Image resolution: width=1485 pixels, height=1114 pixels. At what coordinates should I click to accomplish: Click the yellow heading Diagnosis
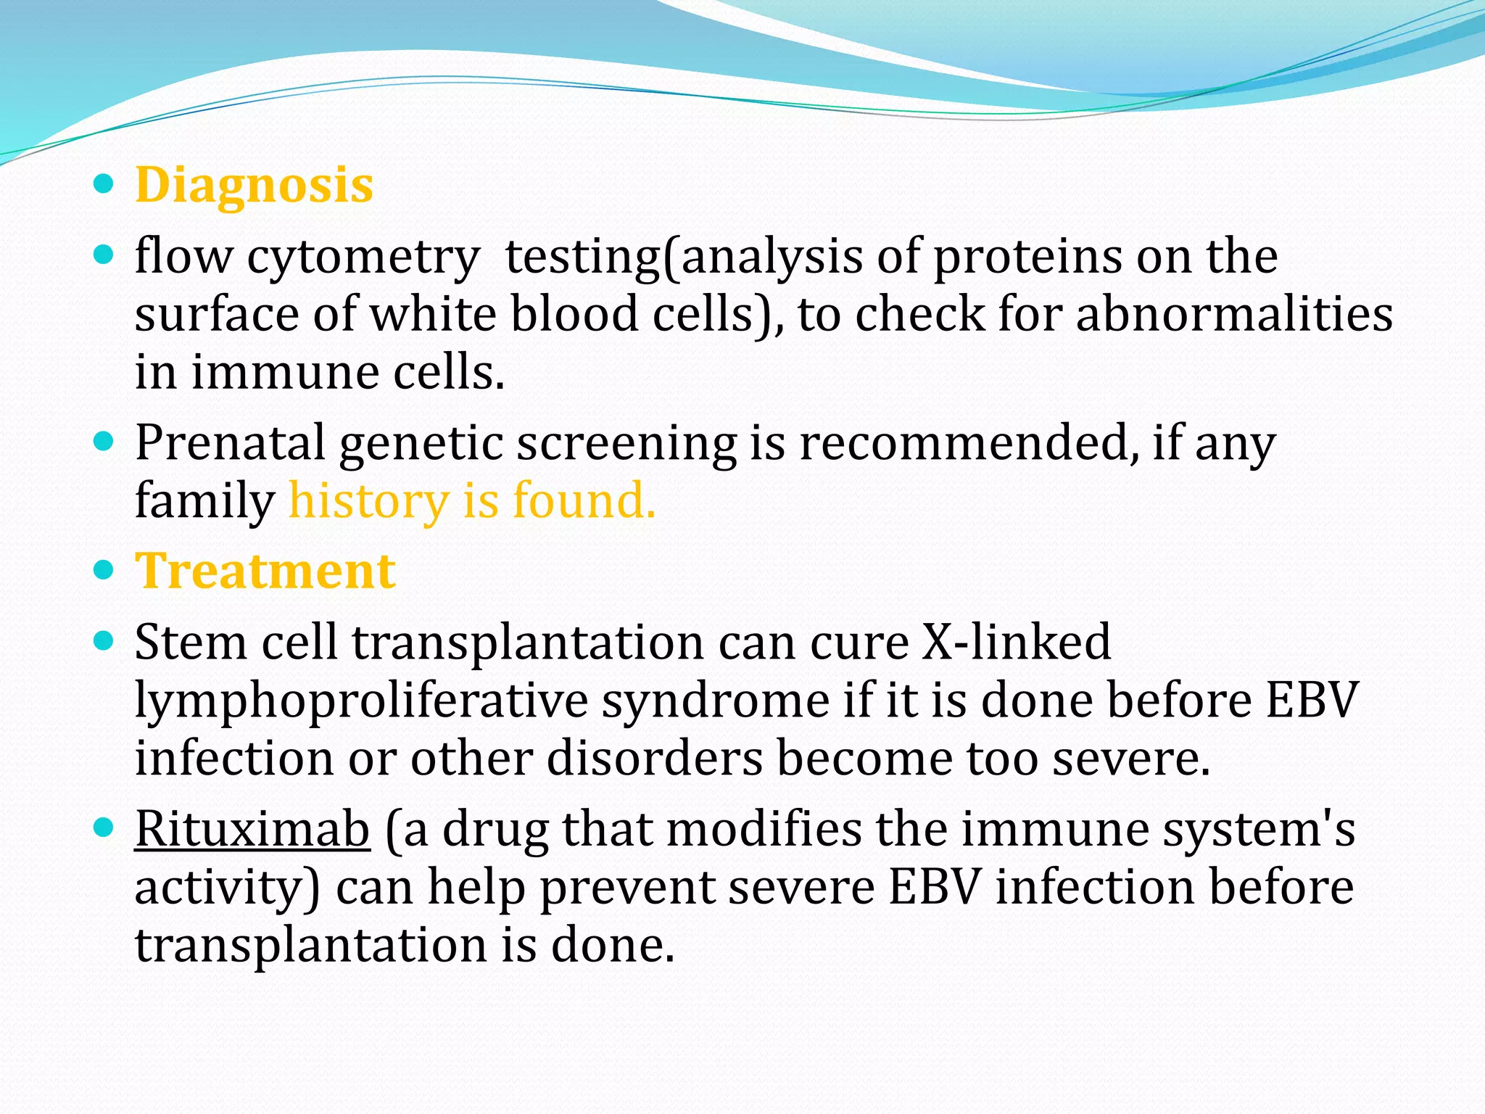254,186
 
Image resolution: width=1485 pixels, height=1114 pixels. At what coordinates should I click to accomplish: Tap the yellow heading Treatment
265,572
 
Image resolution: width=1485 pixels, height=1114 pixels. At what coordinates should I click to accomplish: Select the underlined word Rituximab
252,829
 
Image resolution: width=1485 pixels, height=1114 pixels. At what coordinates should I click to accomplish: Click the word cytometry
363,258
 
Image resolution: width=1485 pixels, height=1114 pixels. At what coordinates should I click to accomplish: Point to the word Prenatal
230,443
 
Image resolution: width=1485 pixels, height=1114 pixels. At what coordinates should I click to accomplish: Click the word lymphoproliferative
361,702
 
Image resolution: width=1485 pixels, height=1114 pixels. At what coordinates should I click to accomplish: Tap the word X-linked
1016,643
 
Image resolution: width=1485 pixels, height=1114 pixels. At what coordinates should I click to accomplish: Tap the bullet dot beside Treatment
104,570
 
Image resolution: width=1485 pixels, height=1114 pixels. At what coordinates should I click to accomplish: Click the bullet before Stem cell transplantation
104,641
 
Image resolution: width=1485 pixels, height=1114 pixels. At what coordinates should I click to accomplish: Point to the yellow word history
369,501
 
